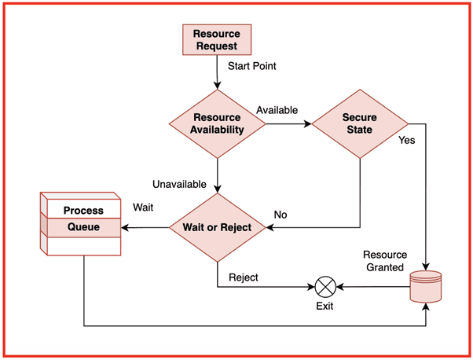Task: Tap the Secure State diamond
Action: pos(360,123)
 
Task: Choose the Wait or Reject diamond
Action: pos(217,228)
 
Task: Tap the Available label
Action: pos(277,110)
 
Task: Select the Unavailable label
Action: pos(179,185)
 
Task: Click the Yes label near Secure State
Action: pos(407,141)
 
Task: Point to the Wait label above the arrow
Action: pos(143,208)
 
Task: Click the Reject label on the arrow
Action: pos(244,277)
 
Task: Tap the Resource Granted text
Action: pos(383,261)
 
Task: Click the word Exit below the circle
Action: pos(324,306)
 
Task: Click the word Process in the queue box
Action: pos(83,211)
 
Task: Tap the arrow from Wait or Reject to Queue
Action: pos(146,228)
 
